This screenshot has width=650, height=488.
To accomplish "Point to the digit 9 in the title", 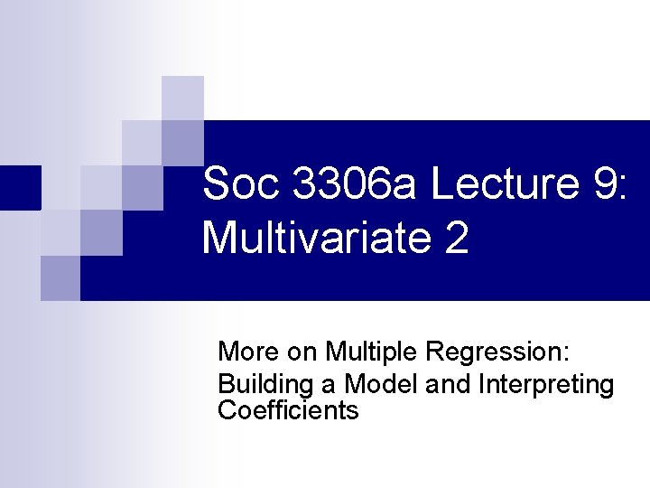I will coord(602,185).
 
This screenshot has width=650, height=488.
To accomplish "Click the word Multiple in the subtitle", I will coord(365,351).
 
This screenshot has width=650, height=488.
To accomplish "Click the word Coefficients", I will coord(288,410).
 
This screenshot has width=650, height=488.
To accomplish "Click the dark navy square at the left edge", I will coord(20,188).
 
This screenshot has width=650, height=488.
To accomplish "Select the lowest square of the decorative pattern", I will coord(60,277).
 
